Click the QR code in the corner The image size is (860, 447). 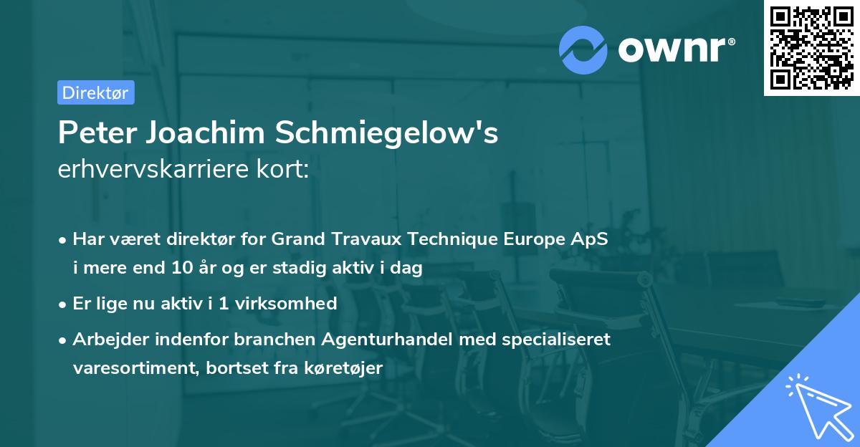(x=811, y=47)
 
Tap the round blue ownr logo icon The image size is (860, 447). (x=583, y=49)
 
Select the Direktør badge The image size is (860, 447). (x=95, y=92)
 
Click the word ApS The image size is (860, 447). (x=591, y=239)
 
